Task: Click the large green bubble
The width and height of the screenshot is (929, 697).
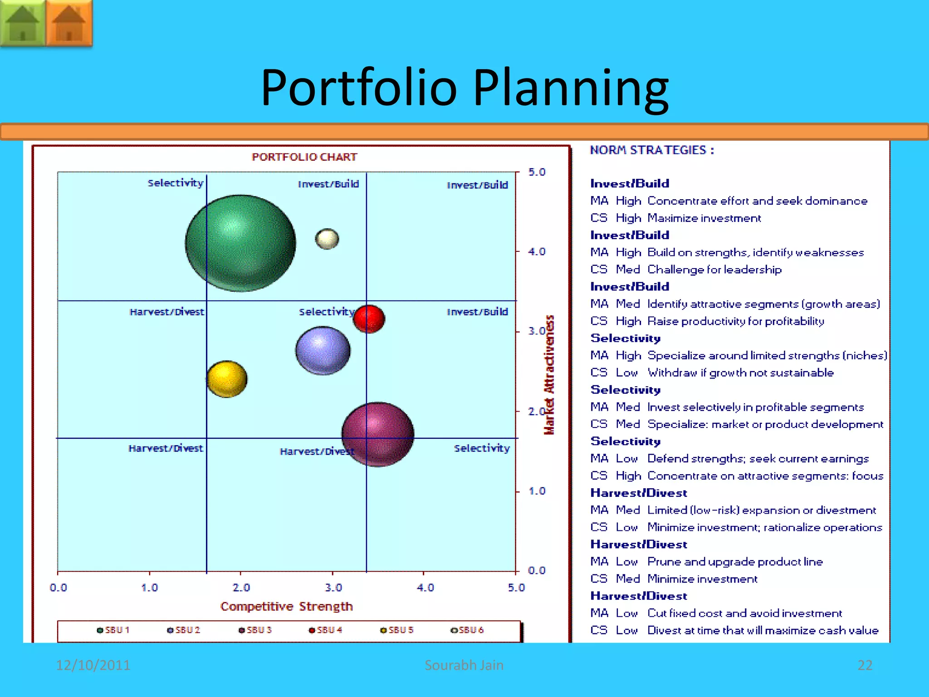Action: tap(240, 243)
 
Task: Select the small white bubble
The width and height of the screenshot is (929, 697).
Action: tap(327, 239)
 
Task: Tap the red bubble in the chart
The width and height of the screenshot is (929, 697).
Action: tap(369, 319)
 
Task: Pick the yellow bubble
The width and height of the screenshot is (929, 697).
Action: tap(227, 379)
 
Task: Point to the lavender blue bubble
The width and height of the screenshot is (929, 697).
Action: tap(323, 350)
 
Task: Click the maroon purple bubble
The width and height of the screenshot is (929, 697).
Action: tap(378, 434)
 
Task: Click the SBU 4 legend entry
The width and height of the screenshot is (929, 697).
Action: tap(325, 630)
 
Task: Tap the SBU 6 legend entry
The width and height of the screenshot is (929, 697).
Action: tap(467, 630)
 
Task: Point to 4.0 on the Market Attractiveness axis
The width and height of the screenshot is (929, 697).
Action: tap(537, 251)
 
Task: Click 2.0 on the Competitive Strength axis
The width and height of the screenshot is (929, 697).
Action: tap(241, 588)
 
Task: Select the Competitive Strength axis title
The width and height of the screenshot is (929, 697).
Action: tap(286, 606)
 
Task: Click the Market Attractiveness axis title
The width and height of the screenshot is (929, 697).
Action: tap(549, 375)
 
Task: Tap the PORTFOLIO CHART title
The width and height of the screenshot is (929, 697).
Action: tap(304, 157)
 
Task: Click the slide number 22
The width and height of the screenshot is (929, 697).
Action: tap(865, 665)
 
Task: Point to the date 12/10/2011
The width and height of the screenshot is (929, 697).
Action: tap(93, 665)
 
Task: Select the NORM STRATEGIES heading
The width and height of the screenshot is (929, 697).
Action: tap(652, 150)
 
